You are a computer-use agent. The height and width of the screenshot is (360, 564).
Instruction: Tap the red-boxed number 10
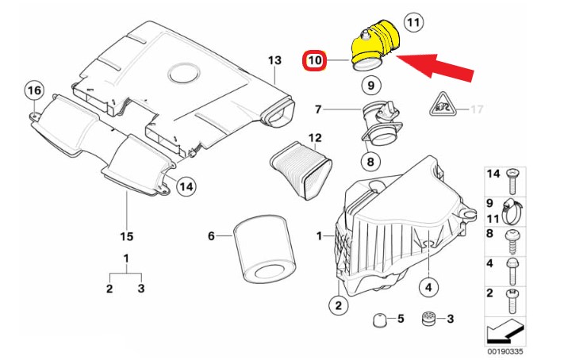[x=315, y=60]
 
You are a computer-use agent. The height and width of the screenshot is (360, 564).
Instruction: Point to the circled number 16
[x=33, y=91]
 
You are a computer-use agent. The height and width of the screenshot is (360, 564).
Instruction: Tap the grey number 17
[x=477, y=109]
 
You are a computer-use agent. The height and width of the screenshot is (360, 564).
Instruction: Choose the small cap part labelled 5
[x=380, y=320]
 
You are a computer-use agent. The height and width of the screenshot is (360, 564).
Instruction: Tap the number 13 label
[x=274, y=60]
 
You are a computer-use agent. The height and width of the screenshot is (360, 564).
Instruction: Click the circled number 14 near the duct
[x=185, y=187]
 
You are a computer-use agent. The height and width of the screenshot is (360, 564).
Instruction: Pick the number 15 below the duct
[x=126, y=236]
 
